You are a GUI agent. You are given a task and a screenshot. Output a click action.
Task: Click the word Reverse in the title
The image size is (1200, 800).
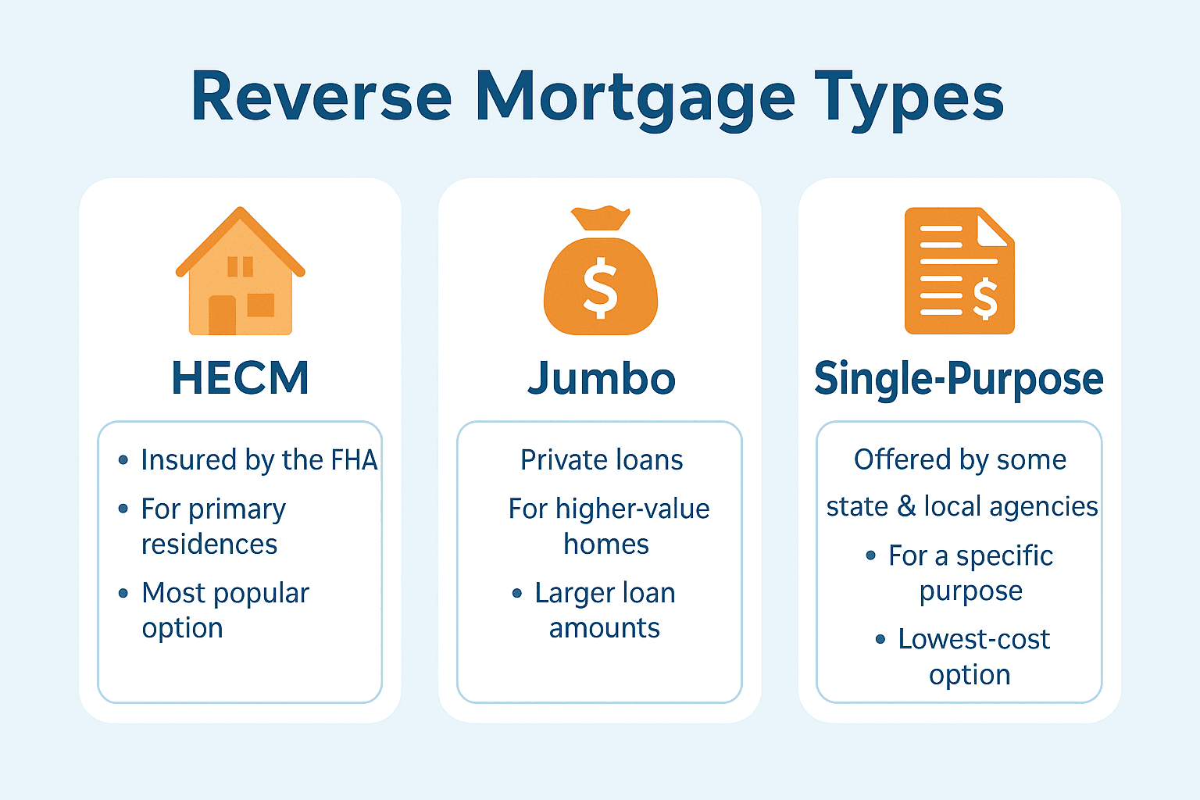point(322,96)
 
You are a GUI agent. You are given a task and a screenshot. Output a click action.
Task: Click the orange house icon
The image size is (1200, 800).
point(241,271)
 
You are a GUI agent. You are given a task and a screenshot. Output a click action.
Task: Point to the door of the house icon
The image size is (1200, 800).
point(223,315)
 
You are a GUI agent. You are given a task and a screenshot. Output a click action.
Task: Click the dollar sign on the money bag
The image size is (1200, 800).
point(601,288)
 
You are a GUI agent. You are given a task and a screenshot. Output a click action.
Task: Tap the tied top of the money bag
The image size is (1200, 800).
point(601,217)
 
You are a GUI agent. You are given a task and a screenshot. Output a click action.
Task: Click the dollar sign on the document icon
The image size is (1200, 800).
point(985,299)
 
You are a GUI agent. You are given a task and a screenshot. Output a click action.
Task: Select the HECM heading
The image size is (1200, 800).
point(241,378)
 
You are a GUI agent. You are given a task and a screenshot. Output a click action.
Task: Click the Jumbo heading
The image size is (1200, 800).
point(601,378)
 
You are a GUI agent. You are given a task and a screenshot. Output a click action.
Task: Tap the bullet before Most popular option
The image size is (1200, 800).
point(123,593)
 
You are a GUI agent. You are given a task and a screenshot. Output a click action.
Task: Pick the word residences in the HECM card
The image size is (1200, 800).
point(209,544)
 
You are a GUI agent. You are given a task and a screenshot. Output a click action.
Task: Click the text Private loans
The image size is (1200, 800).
point(602,459)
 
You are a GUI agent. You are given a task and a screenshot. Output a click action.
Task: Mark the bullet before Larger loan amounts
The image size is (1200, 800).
point(517,593)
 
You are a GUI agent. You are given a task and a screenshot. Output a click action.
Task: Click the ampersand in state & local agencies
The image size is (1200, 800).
point(906,506)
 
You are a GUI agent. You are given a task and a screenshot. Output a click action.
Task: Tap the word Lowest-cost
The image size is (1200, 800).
point(974,639)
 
